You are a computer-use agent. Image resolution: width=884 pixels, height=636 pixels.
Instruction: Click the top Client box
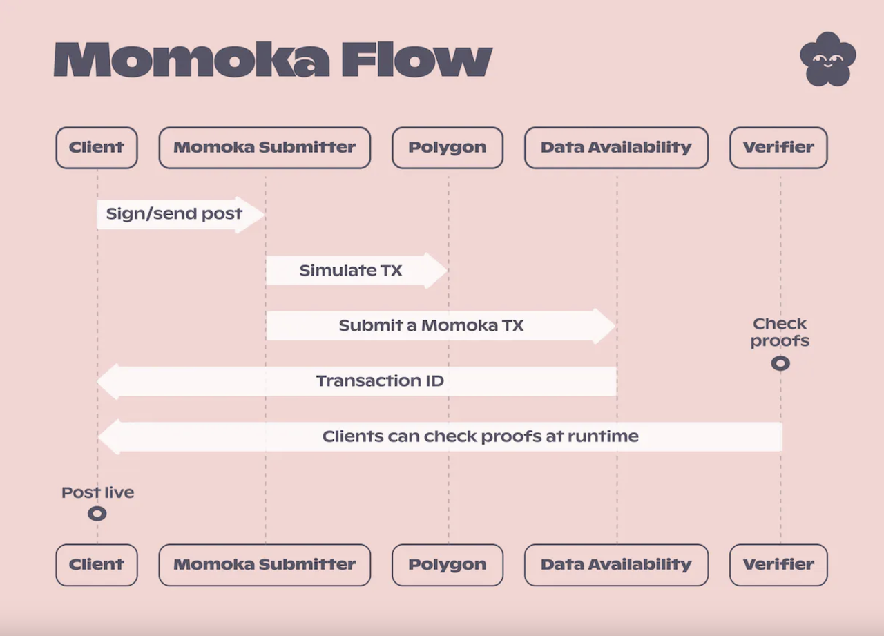(x=97, y=148)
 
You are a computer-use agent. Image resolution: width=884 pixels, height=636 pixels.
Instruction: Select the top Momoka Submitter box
(x=265, y=148)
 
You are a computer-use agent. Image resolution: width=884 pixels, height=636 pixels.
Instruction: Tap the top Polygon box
(x=447, y=148)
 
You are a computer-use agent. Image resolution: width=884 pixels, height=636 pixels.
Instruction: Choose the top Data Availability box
(x=616, y=148)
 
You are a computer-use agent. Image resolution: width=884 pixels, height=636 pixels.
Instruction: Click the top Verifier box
(x=778, y=148)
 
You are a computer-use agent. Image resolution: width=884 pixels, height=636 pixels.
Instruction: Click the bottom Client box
(x=97, y=565)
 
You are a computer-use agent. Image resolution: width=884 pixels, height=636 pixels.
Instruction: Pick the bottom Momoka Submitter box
(x=265, y=565)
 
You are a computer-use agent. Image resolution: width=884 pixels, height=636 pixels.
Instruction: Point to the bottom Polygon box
(x=447, y=565)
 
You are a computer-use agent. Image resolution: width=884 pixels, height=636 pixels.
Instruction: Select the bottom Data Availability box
(x=616, y=565)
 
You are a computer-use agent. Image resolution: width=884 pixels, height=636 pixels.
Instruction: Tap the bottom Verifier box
(x=778, y=565)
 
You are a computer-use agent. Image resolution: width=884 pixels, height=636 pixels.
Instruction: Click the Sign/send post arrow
(x=180, y=214)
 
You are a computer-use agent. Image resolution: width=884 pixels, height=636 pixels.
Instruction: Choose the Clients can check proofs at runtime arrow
(x=442, y=436)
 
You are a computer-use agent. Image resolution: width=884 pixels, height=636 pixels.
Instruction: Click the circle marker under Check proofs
(x=780, y=363)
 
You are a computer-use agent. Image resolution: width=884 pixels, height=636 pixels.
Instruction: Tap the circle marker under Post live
(x=97, y=514)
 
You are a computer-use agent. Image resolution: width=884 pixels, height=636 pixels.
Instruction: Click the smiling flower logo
(x=827, y=59)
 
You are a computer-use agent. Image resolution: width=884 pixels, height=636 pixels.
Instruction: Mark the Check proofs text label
(x=780, y=332)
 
